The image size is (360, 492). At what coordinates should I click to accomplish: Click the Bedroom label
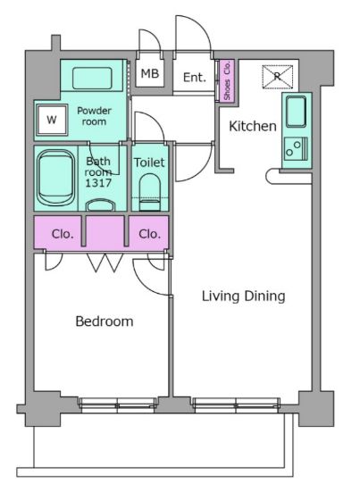tap(105, 321)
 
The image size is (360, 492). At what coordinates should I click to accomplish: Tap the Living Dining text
tap(243, 296)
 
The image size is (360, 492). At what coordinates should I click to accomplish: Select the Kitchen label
tap(253, 126)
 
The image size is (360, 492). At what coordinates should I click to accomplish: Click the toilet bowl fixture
tap(149, 192)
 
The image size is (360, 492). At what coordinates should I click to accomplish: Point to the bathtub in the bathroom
tap(56, 178)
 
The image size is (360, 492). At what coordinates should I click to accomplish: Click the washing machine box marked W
tap(52, 120)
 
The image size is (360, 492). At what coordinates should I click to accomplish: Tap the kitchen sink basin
tap(296, 112)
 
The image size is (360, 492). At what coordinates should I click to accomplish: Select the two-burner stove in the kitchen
tap(297, 149)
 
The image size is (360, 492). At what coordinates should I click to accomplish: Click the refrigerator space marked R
tap(278, 77)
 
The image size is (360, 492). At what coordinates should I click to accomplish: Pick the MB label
tap(150, 74)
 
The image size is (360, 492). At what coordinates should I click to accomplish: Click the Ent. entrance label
tap(194, 77)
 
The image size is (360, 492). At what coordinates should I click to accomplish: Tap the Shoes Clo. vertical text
tap(227, 80)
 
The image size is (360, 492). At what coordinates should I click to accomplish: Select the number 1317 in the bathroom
tap(98, 183)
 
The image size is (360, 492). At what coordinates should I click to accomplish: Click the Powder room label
tap(94, 116)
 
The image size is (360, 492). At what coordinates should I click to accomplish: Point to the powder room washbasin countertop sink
tap(92, 78)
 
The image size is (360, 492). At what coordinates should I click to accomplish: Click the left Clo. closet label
tap(63, 234)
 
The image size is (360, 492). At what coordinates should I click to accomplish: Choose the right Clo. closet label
tap(150, 234)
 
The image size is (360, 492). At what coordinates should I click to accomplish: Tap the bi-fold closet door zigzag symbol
tap(105, 263)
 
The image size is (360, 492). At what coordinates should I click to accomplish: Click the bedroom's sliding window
tap(117, 404)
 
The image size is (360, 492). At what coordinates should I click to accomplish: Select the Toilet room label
tap(149, 163)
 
